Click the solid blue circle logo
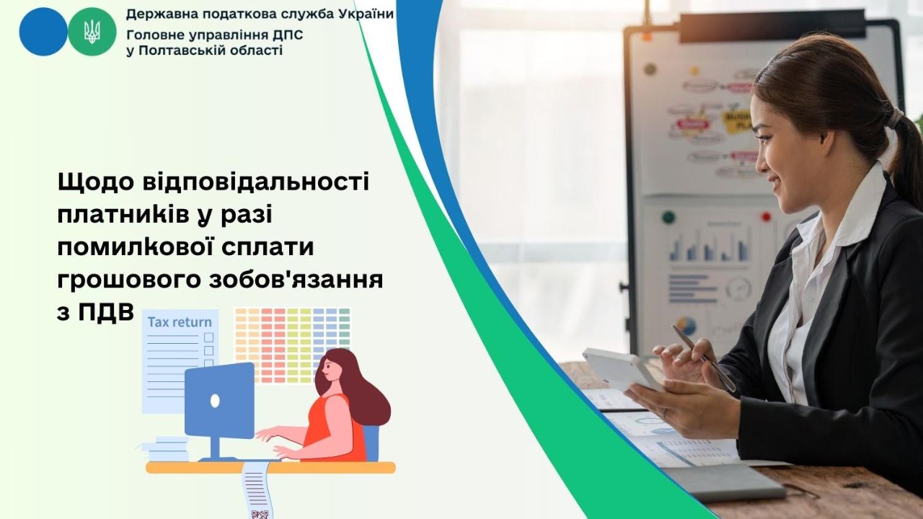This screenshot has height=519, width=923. point(43,32)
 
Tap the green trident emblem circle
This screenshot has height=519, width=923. point(92,32)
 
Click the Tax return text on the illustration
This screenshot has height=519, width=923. point(180,321)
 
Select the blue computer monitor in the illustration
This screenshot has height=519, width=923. point(219,399)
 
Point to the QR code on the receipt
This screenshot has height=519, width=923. point(260,513)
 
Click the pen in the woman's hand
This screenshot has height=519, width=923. point(704,358)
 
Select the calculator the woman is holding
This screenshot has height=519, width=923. point(620,369)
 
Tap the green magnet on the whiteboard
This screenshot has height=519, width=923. point(668,217)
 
